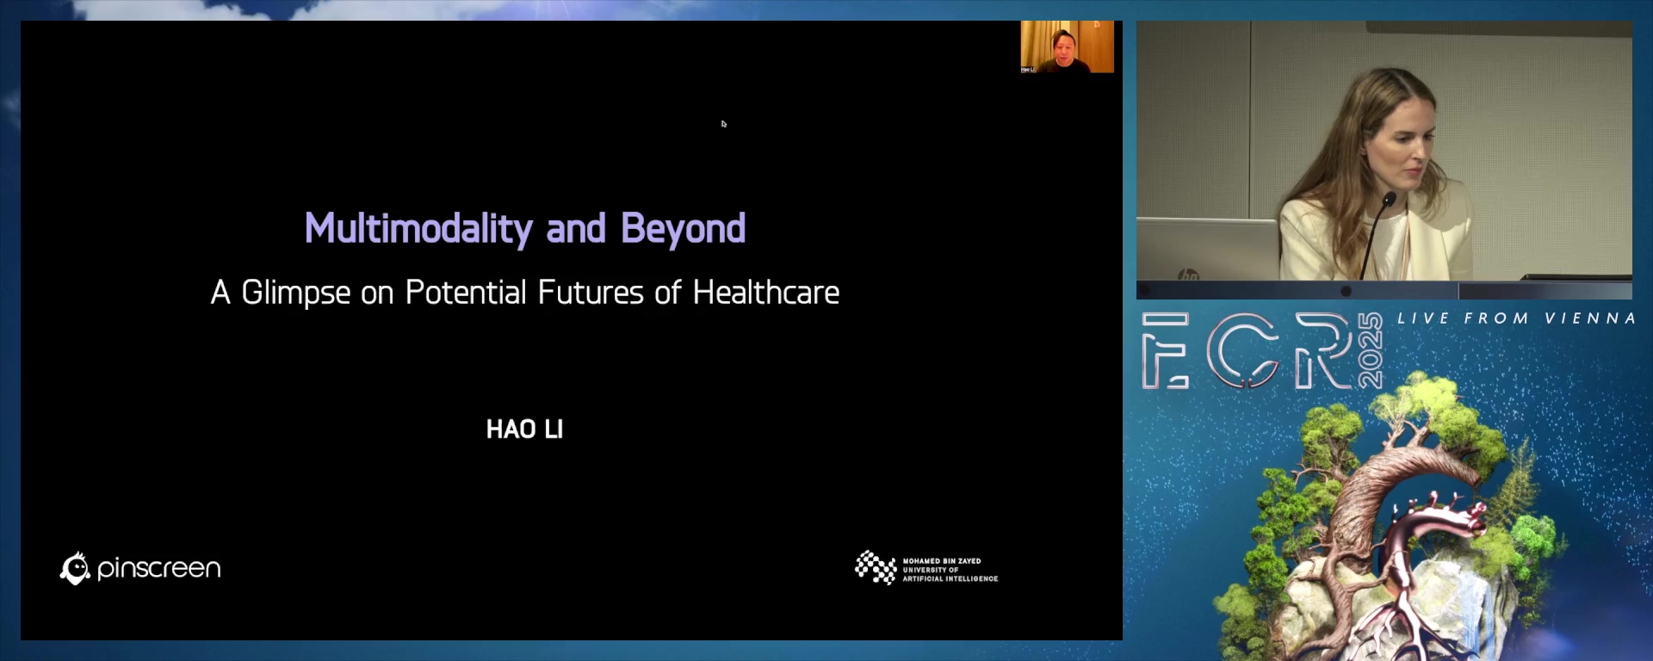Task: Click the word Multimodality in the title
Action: pos(418,230)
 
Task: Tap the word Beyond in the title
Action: pos(683,230)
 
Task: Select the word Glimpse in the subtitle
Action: pos(296,293)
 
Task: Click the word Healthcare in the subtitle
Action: pos(765,293)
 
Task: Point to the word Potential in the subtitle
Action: pos(466,293)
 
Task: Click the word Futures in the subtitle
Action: pos(591,293)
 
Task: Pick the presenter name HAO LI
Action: pos(524,429)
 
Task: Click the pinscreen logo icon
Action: pos(75,568)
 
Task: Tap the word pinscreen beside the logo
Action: pos(158,569)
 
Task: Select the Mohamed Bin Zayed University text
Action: pos(950,570)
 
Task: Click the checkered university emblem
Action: pos(876,567)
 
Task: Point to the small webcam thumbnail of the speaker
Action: pos(1067,46)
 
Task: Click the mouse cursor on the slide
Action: pos(724,124)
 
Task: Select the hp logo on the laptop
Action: pos(1189,276)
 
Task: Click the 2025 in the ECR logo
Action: pos(1370,351)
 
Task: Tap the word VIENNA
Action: pos(1589,318)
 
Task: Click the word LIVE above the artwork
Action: pos(1423,318)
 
